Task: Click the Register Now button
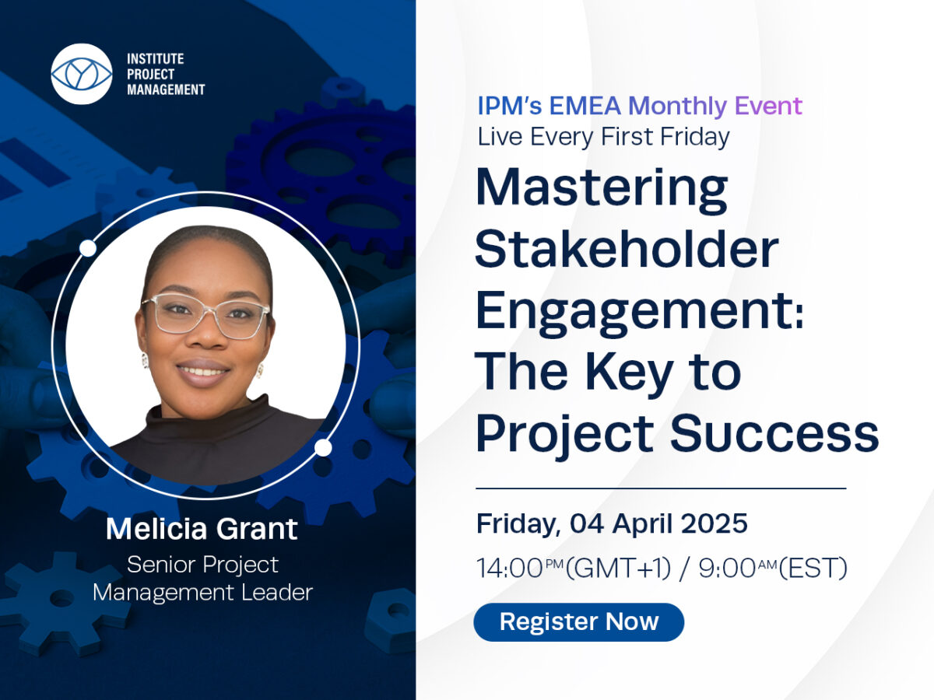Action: pos(579,621)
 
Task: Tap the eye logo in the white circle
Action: pos(82,74)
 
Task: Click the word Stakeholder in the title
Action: pos(627,248)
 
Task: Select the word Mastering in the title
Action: pos(602,190)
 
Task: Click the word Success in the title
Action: pos(775,434)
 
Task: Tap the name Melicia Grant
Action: pos(202,529)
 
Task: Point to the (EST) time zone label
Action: pos(813,569)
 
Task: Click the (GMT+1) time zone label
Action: pos(619,569)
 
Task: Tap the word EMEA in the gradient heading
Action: pos(585,106)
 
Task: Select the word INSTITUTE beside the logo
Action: pos(156,58)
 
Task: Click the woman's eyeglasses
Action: pos(206,316)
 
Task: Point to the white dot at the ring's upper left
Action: pos(88,248)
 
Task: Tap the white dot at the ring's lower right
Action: pos(323,447)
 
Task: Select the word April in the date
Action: pos(643,524)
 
